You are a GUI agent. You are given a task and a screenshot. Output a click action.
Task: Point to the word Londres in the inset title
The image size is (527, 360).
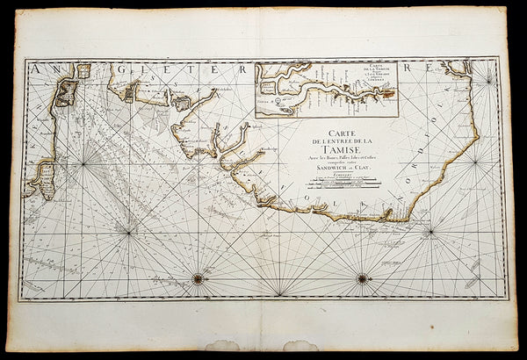click(x=379, y=84)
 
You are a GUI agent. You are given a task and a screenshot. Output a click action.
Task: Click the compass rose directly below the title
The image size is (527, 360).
click(x=362, y=278)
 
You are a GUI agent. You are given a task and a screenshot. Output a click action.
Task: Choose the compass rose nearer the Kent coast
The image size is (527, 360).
click(x=199, y=278)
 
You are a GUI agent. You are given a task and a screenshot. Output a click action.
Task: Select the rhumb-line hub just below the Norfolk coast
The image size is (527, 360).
click(x=430, y=233)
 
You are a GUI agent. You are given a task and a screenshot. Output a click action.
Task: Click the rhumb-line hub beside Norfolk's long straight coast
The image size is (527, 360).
click(x=475, y=162)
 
